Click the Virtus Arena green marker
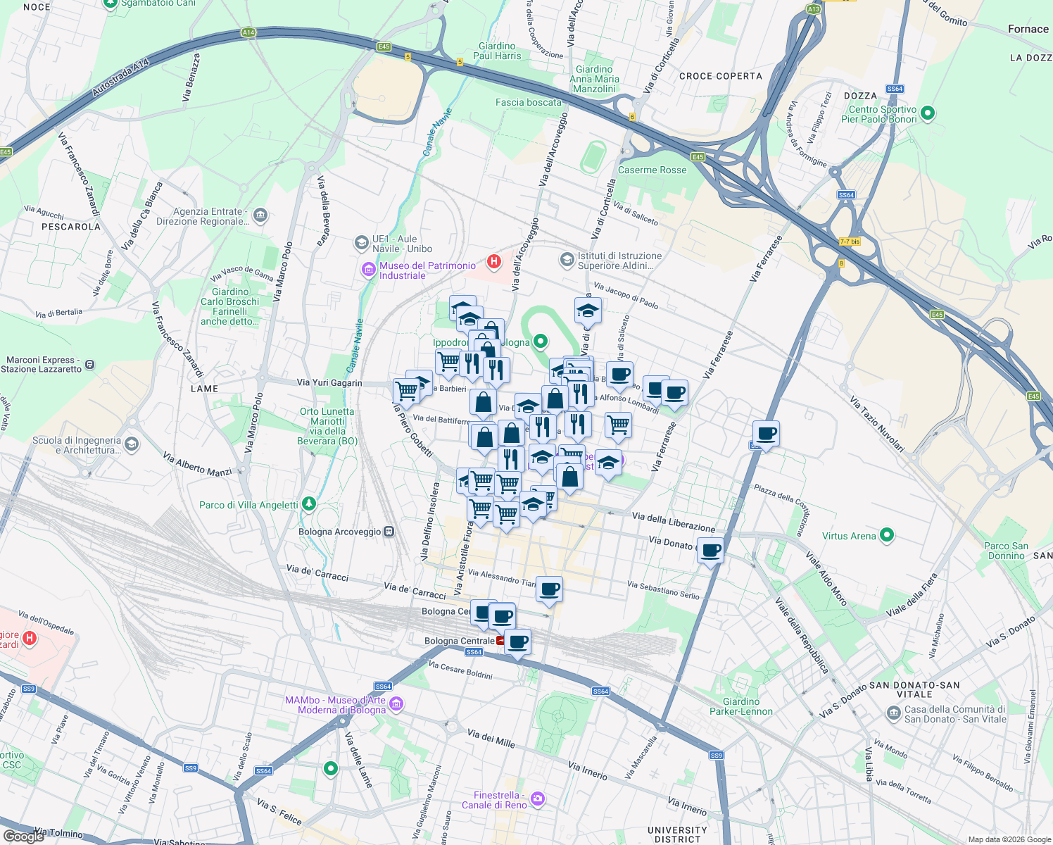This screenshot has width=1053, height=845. (887, 536)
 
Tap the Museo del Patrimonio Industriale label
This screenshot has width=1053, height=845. (427, 270)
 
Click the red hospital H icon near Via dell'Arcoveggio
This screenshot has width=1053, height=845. (494, 262)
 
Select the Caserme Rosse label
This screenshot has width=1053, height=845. (652, 170)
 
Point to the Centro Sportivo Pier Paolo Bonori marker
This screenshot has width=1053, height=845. (927, 113)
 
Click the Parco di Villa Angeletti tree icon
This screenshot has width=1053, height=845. (308, 504)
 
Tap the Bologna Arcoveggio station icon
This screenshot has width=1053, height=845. (388, 532)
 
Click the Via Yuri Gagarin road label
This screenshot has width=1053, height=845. (329, 383)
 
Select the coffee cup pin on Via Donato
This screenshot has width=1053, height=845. (711, 550)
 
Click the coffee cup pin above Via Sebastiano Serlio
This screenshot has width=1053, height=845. (549, 589)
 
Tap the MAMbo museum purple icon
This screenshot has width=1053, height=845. (396, 703)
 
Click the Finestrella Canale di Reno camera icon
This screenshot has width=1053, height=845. (538, 799)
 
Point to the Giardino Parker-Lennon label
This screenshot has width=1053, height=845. (741, 706)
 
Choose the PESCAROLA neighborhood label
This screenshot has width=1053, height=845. (71, 227)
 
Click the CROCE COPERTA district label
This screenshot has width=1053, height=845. (720, 76)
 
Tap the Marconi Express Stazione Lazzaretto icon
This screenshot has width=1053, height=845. (89, 365)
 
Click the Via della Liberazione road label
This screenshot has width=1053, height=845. (673, 522)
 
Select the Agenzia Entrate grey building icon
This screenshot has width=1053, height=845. (260, 215)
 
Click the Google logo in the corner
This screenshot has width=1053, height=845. (23, 836)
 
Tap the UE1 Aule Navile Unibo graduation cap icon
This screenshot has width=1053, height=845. (361, 243)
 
